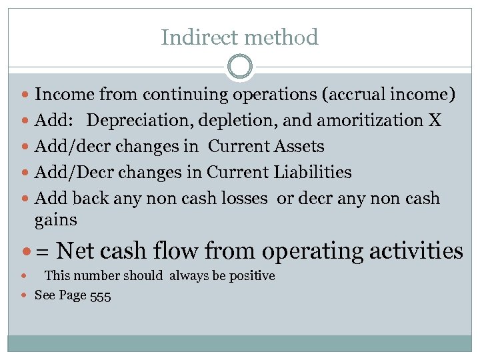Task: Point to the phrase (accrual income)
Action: [389, 95]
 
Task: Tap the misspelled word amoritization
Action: [369, 121]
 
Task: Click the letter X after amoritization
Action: [435, 121]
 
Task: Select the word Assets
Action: [299, 147]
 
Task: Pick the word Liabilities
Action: [313, 172]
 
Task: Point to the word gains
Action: [56, 219]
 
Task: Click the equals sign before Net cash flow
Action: [42, 251]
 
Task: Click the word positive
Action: [250, 276]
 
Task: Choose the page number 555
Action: [99, 295]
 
